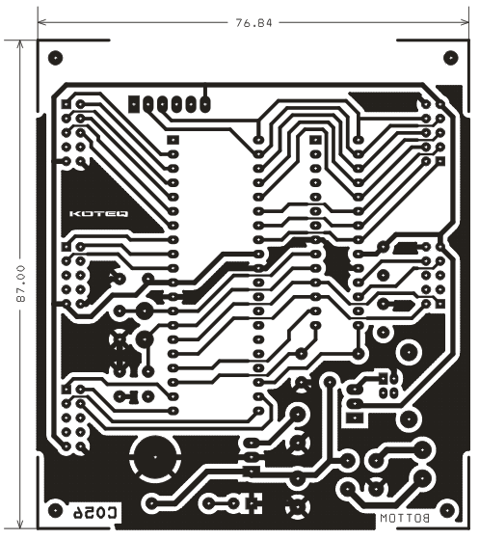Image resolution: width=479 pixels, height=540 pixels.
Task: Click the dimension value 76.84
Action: point(253,23)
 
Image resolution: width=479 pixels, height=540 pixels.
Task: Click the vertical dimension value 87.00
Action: point(21,283)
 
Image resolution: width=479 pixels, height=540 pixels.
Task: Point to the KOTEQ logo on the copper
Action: point(99,213)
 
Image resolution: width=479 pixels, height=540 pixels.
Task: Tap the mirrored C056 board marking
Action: point(96,512)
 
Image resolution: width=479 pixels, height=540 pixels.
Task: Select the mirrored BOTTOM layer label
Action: point(405,519)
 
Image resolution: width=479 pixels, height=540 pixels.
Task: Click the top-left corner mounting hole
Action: point(55,58)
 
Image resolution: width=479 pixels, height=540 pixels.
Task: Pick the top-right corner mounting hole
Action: point(450,58)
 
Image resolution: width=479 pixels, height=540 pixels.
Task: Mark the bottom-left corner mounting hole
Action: point(54,510)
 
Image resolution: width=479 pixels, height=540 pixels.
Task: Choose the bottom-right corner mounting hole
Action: point(447,510)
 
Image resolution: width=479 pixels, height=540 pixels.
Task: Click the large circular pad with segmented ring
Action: point(155,457)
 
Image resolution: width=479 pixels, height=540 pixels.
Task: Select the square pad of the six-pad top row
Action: point(134,103)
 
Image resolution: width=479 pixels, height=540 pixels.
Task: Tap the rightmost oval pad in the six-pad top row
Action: point(205,103)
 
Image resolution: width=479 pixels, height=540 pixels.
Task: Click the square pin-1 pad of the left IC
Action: point(173,140)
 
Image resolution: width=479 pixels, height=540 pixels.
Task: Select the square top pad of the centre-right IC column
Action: point(315,140)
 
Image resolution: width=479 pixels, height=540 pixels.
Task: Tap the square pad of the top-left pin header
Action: point(66,104)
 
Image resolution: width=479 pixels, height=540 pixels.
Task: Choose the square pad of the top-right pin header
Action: point(440,161)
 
